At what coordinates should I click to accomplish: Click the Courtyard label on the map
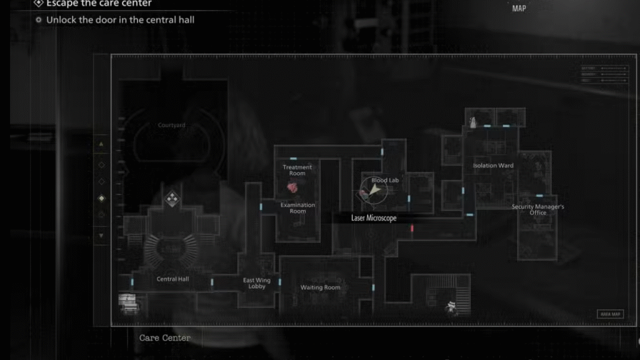click(x=171, y=125)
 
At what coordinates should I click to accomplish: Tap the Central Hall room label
click(x=172, y=279)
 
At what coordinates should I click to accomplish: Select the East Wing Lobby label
click(x=257, y=284)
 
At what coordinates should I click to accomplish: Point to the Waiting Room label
click(x=320, y=287)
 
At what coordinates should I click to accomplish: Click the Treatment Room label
click(x=297, y=170)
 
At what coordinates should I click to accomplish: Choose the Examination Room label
click(x=297, y=208)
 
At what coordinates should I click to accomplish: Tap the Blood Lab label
click(x=384, y=181)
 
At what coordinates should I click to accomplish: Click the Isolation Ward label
click(x=493, y=166)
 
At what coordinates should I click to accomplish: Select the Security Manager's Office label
click(x=537, y=209)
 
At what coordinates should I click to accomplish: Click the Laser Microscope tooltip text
click(x=374, y=218)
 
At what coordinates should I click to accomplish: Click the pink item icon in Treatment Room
click(x=292, y=187)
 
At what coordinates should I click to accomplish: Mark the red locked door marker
click(x=412, y=229)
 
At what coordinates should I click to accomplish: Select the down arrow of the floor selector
click(x=101, y=236)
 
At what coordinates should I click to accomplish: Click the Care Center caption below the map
click(x=165, y=338)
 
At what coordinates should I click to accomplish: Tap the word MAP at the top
click(x=519, y=9)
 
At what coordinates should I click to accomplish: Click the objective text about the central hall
click(x=120, y=20)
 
